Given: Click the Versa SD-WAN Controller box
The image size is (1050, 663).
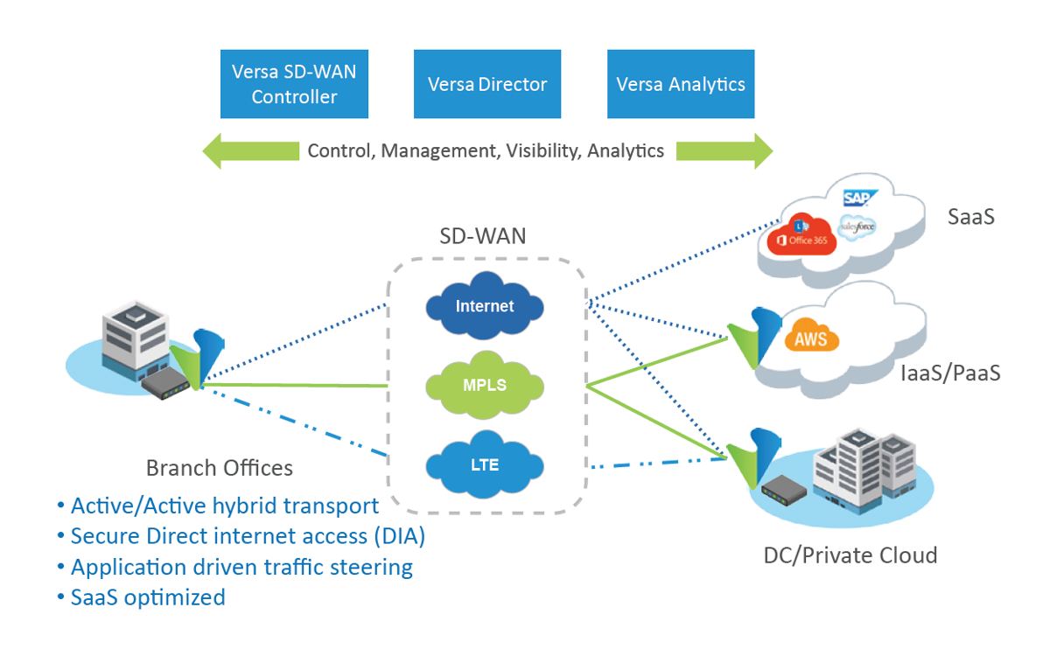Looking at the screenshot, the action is pos(294,84).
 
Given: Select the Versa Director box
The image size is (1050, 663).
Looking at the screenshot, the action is pos(487,84).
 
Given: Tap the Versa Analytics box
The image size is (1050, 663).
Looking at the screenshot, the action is pos(681,84).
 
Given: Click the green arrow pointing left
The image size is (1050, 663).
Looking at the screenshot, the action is pos(251,150).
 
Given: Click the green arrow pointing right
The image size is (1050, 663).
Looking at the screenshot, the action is pos(724,150).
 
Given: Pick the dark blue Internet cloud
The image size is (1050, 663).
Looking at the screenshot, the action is pos(485,305).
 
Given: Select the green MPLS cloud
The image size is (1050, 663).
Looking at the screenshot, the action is pos(485,385).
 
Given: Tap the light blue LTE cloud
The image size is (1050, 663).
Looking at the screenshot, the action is pos(485,464).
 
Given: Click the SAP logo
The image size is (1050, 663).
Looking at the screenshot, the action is pos(860,199).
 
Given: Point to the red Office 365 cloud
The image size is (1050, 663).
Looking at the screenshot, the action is pos(801,235).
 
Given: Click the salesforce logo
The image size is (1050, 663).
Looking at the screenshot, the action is pos(857,227).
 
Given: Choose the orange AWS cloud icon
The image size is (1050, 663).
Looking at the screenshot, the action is pos(811,336).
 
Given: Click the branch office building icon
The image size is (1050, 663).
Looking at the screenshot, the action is pos(135,339).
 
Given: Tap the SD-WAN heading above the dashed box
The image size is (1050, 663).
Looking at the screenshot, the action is pos(483,235).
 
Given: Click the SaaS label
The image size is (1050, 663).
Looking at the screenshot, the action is pos(971,217).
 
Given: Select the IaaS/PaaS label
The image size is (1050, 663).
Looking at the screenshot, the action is pos(950,373).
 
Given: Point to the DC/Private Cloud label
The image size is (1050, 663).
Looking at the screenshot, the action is pos(850,555).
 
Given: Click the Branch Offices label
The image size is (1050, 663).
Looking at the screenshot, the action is pos(220,468).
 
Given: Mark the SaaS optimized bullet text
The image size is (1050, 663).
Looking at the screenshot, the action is pos(148,598).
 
